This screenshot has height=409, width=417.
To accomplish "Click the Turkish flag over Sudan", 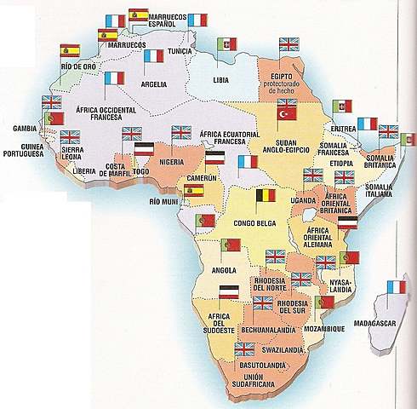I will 285,112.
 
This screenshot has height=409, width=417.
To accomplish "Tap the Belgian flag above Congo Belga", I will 266,194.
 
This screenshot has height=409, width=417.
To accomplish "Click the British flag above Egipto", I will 290,43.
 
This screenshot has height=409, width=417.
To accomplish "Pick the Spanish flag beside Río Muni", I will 194,191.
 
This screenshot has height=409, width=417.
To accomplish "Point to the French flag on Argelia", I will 153,56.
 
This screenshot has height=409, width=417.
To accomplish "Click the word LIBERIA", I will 83,170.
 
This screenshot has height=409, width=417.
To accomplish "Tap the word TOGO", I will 141,170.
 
